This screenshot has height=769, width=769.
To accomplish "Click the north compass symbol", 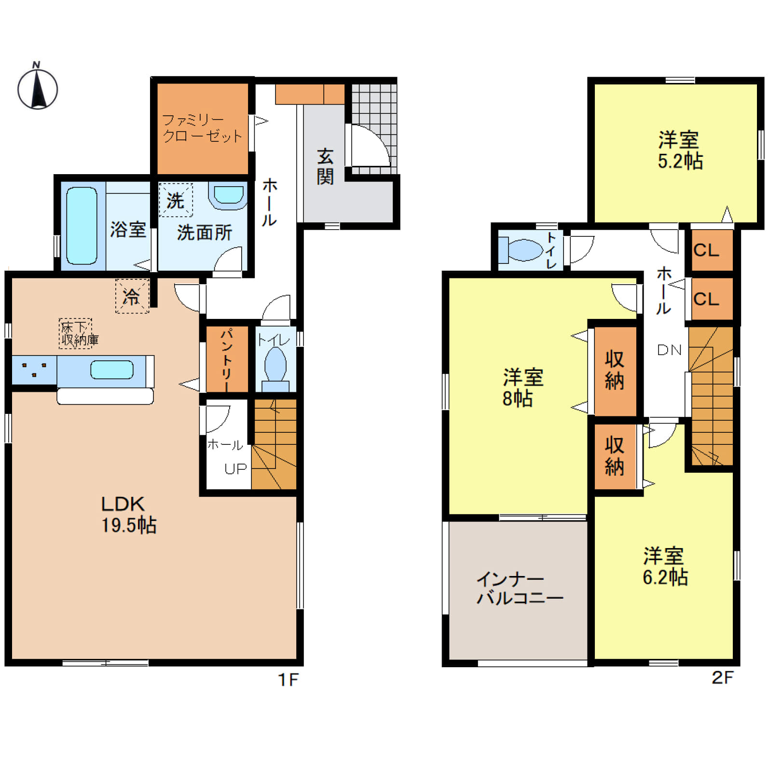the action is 38,87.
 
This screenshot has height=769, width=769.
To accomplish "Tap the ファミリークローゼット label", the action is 202,128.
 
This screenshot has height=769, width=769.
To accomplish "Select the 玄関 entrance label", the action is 325,167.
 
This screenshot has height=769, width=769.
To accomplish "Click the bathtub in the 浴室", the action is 82,225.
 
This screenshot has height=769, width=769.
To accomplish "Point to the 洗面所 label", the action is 205,233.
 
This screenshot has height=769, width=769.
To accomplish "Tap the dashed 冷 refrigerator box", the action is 132,296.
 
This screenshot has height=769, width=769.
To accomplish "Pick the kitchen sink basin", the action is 111,370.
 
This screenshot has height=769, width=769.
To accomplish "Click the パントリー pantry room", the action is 227,359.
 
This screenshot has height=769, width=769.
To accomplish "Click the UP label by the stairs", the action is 235,468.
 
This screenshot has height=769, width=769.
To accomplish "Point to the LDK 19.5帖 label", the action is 128,514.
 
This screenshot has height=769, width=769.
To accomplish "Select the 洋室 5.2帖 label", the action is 680,150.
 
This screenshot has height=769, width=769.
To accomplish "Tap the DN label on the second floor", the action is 669,350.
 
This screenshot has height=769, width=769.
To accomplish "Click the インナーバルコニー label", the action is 520,588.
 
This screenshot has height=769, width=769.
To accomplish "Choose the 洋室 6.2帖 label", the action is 665,566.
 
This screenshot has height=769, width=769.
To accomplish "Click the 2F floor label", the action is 722,677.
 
